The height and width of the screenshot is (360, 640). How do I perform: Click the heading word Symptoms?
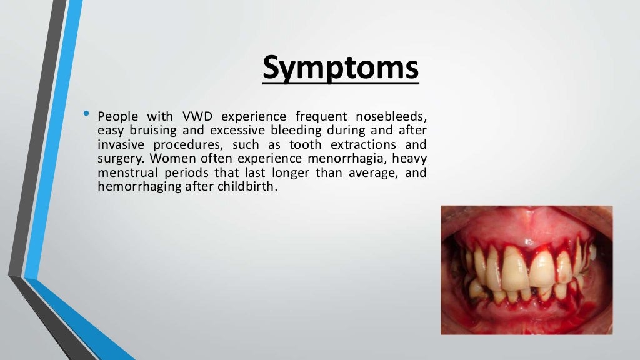point(341,68)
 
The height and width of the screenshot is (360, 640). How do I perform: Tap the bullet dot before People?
point(86,114)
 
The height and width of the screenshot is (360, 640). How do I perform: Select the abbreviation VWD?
point(197,116)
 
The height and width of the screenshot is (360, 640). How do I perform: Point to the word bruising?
point(152,131)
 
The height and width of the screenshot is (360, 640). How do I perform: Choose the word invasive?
point(121,144)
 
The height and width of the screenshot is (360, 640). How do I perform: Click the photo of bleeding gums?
point(526,270)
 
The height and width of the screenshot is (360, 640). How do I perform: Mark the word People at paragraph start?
point(118,116)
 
